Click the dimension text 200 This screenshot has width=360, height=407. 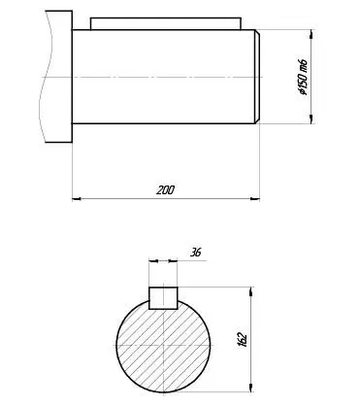(165, 190)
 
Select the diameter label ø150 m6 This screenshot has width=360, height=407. (303, 77)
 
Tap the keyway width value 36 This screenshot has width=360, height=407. (195, 253)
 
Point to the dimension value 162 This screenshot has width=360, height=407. (243, 339)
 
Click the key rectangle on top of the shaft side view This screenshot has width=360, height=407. (166, 24)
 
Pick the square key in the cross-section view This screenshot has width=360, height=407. (163, 298)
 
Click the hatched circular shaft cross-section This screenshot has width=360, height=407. (163, 346)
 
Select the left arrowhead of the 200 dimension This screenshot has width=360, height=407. (77, 198)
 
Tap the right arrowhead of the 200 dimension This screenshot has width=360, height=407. (255, 198)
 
